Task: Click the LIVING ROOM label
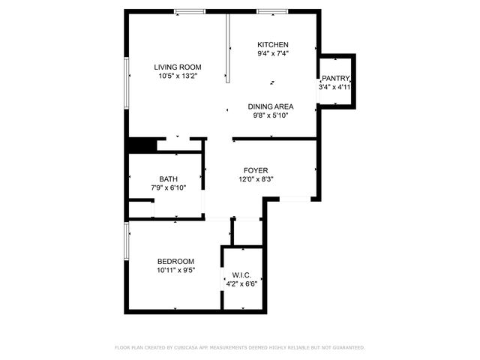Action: (178, 66)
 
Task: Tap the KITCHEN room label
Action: (273, 44)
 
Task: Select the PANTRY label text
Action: (336, 78)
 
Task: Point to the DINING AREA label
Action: (271, 106)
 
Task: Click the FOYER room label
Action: (256, 170)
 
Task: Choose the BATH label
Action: (168, 178)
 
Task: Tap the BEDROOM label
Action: (175, 261)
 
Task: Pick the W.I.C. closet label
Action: (241, 274)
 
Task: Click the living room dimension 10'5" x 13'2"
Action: (178, 76)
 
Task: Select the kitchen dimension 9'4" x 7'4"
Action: (273, 54)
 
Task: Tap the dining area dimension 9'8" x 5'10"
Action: (271, 115)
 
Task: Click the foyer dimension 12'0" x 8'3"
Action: (256, 180)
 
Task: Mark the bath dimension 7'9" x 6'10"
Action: (168, 187)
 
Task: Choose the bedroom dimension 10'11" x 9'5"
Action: (175, 270)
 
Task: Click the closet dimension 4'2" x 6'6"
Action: (241, 283)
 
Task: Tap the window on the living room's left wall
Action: (126, 83)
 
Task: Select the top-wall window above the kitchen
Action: (271, 11)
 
